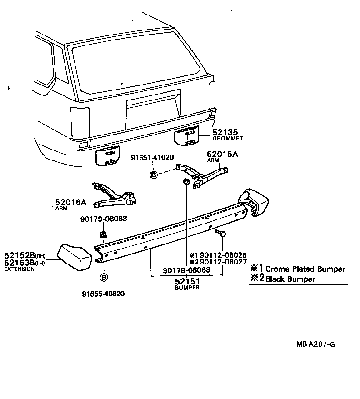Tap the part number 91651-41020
152,158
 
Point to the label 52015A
223,154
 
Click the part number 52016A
71,202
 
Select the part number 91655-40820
103,294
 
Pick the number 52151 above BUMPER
187,282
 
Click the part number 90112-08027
223,262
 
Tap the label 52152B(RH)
26,255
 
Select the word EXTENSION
19,269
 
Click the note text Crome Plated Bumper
305,269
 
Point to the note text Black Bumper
290,279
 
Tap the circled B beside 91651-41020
154,175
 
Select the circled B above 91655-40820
103,278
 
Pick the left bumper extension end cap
74,257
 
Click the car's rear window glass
136,61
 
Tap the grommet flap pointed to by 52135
189,135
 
